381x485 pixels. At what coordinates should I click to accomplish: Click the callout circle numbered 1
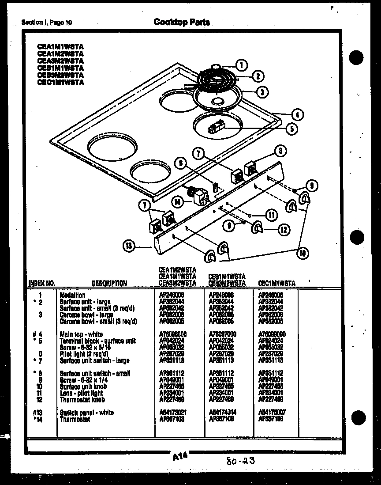point(242,65)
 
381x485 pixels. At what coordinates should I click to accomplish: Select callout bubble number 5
point(291,129)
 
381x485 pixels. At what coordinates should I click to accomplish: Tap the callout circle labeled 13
point(128,246)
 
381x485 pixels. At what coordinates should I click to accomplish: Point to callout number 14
point(178,203)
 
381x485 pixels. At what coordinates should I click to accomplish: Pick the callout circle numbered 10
point(303,253)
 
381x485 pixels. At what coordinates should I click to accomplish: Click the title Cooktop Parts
point(181,22)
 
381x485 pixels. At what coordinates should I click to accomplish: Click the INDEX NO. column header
point(41,283)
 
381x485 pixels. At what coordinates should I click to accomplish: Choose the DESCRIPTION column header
point(109,283)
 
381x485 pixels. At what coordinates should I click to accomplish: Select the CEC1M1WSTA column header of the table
point(276,283)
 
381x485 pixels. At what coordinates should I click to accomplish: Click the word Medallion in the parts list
point(73,295)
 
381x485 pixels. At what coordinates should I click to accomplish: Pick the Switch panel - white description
point(86,413)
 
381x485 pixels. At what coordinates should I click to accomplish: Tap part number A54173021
point(173,413)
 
